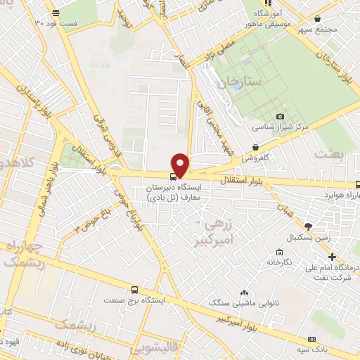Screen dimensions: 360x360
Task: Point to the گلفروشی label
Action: pos(257,157)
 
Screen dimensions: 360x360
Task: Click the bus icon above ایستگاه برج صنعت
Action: pos(135,289)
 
